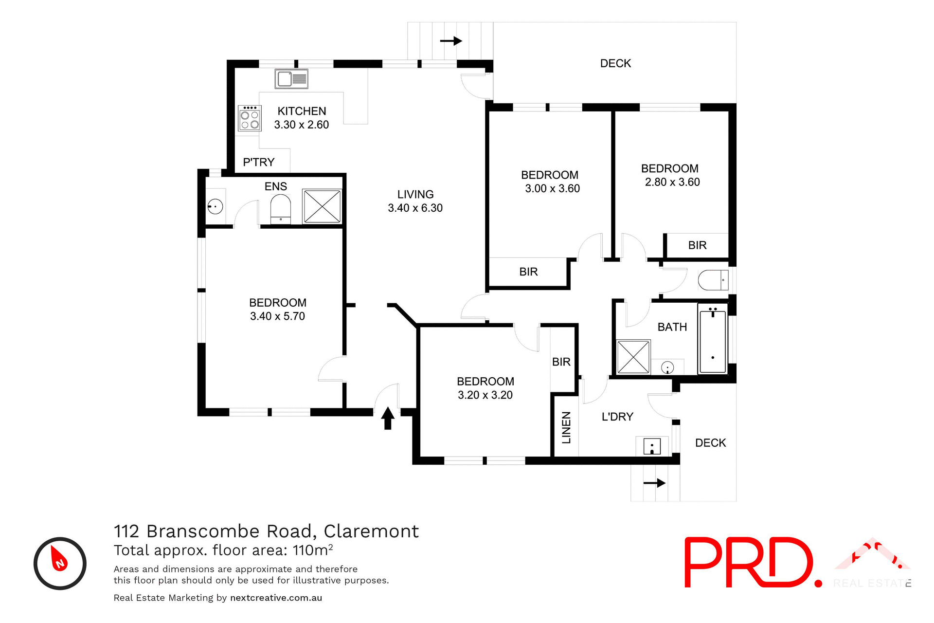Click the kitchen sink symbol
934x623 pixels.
pyautogui.click(x=291, y=79)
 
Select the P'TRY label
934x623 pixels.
pyautogui.click(x=259, y=162)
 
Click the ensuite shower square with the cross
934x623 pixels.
pyautogui.click(x=322, y=206)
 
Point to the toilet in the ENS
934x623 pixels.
pyautogui.click(x=280, y=209)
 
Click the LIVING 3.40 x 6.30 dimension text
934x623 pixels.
pyautogui.click(x=415, y=208)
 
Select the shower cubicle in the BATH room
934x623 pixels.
pyautogui.click(x=633, y=357)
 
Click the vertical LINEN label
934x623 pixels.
pyautogui.click(x=566, y=428)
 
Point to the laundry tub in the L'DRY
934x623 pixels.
pyautogui.click(x=652, y=446)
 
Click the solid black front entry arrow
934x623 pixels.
pyautogui.click(x=388, y=418)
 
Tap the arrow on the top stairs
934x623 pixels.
pyautogui.click(x=451, y=41)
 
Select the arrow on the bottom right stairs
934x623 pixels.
pyautogui.click(x=654, y=483)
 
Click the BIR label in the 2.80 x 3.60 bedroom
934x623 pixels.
pyautogui.click(x=697, y=245)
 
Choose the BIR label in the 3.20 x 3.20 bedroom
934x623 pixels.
pyautogui.click(x=561, y=362)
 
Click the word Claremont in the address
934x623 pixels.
pyautogui.click(x=371, y=531)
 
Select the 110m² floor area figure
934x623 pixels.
pyautogui.click(x=313, y=550)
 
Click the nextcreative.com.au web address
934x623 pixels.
pyautogui.click(x=276, y=598)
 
